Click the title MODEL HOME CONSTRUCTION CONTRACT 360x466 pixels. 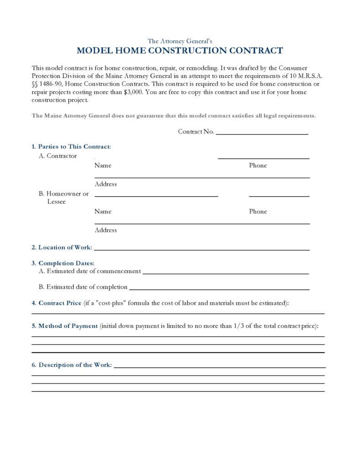click(180, 51)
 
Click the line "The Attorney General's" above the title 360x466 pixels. click(180, 41)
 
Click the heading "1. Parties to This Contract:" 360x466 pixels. click(71, 147)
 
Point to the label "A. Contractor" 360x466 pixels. click(58, 156)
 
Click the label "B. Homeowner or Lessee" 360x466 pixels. click(63, 197)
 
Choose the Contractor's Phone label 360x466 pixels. click(258, 166)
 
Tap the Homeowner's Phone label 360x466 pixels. click(258, 212)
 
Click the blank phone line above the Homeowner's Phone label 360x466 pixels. click(279, 196)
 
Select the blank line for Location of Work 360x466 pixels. click(201, 249)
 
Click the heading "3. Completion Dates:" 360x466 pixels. click(63, 263)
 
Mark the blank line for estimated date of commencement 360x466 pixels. click(226, 273)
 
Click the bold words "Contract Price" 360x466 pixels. click(60, 303)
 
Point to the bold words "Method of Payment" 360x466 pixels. click(68, 326)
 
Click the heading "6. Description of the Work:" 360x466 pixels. click(72, 365)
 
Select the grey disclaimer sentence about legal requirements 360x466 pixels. click(174, 116)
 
